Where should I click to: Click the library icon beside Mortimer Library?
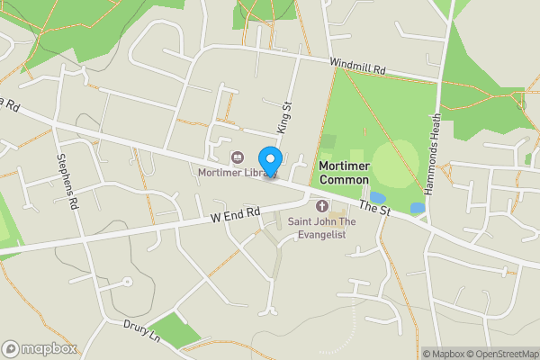pyautogui.click(x=238, y=157)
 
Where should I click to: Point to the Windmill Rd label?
pyautogui.click(x=357, y=67)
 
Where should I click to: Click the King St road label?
pyautogui.click(x=286, y=118)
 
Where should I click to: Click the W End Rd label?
pyautogui.click(x=236, y=215)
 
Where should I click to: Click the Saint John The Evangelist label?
pyautogui.click(x=322, y=227)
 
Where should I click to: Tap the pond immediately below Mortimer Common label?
pyautogui.click(x=378, y=198)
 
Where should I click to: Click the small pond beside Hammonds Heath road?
pyautogui.click(x=418, y=208)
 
